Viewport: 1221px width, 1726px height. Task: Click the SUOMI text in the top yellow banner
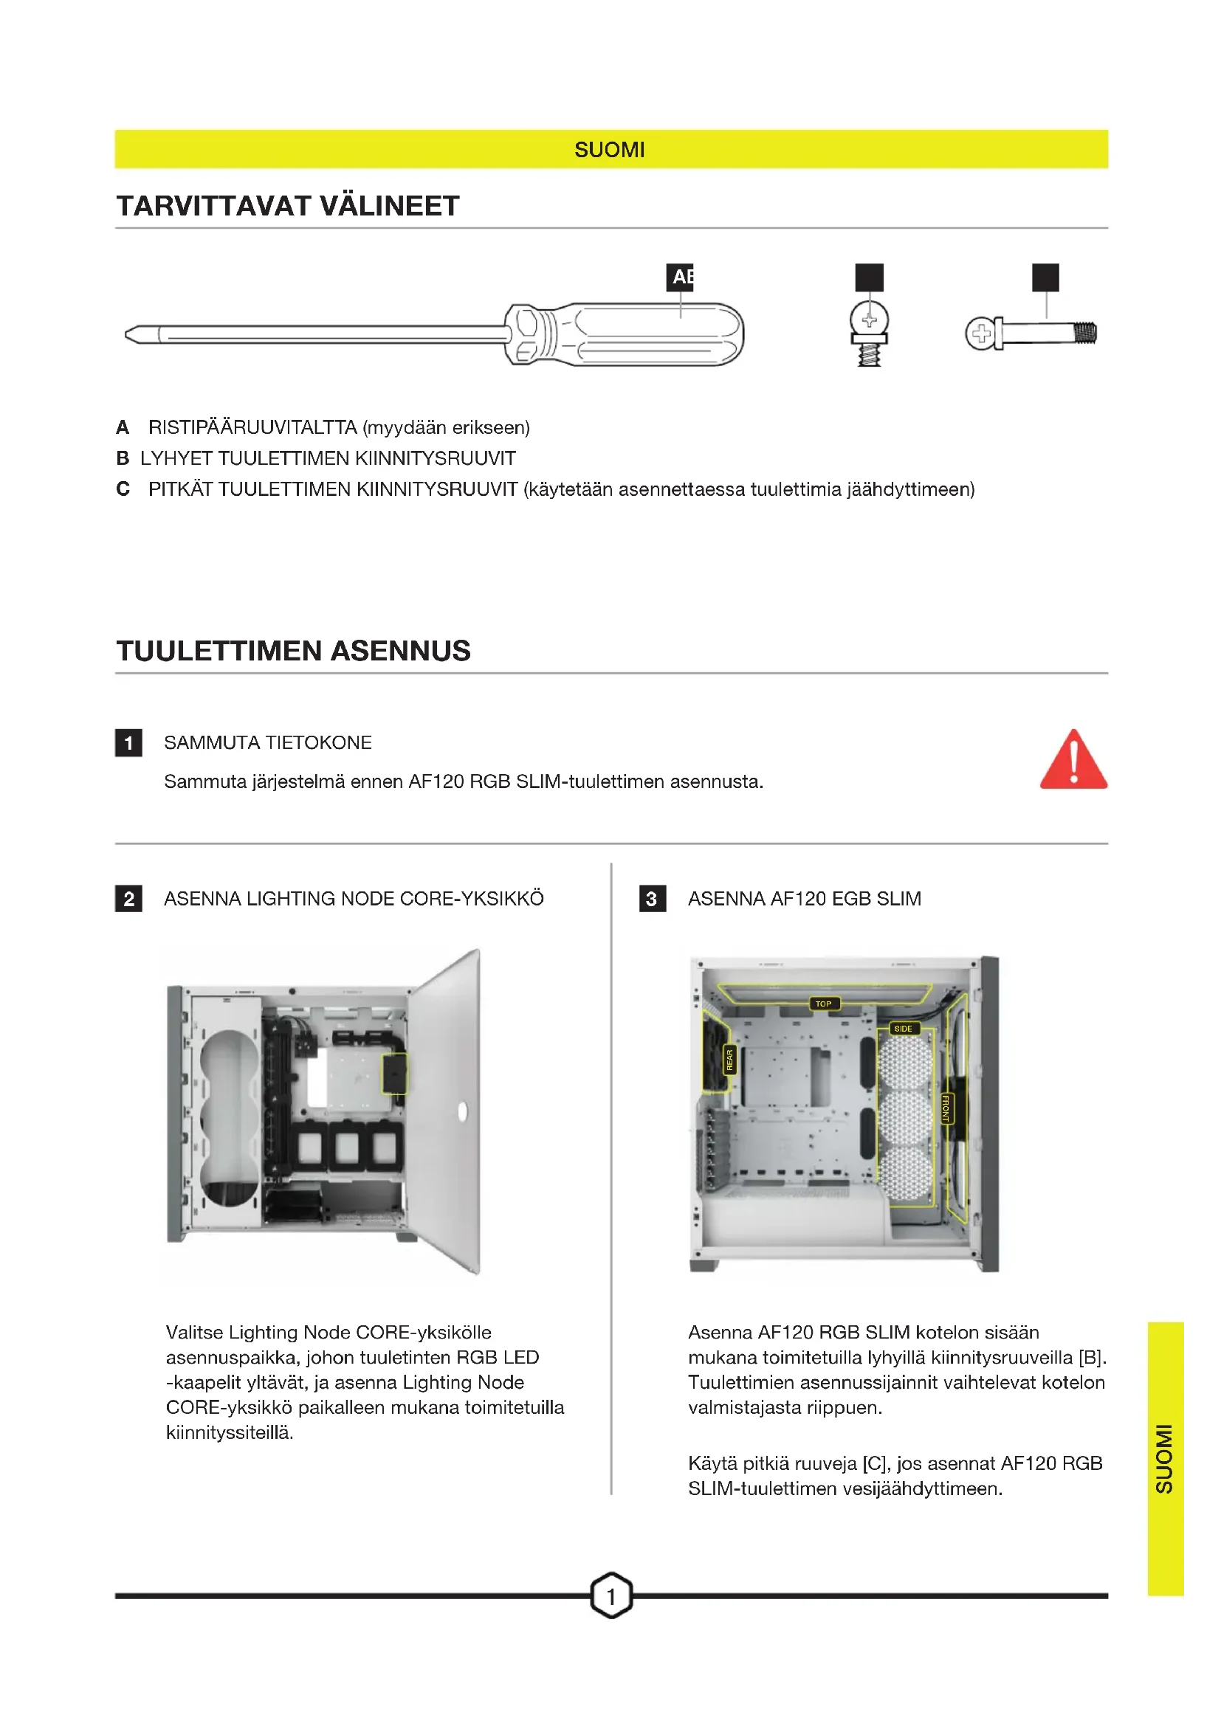[x=609, y=150]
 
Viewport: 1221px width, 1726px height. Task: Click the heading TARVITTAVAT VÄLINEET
[x=288, y=206]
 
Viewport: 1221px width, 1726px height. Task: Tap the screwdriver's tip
[x=126, y=334]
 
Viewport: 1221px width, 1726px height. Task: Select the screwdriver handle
[x=624, y=334]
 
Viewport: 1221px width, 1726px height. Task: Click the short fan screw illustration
[x=869, y=333]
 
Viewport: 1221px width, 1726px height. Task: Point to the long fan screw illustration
[x=1031, y=333]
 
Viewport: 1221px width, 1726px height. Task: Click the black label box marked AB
[x=680, y=277]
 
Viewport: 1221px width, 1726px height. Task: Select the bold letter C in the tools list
[x=123, y=489]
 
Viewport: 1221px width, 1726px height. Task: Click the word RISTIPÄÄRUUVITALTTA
[x=252, y=428]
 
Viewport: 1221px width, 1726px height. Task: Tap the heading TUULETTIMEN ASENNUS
[x=293, y=651]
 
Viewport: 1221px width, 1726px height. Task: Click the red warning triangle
[x=1073, y=760]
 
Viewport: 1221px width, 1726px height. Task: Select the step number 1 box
[x=128, y=743]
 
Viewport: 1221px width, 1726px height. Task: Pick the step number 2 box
[x=128, y=898]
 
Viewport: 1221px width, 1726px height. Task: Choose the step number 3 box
[x=652, y=898]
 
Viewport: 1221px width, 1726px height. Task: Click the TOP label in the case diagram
[x=823, y=1004]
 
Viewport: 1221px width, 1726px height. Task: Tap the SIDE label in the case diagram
[x=903, y=1029]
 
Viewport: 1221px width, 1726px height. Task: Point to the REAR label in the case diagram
[x=729, y=1060]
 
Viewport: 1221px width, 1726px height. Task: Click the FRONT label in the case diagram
[x=946, y=1108]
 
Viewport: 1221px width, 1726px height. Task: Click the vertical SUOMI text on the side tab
[x=1164, y=1458]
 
